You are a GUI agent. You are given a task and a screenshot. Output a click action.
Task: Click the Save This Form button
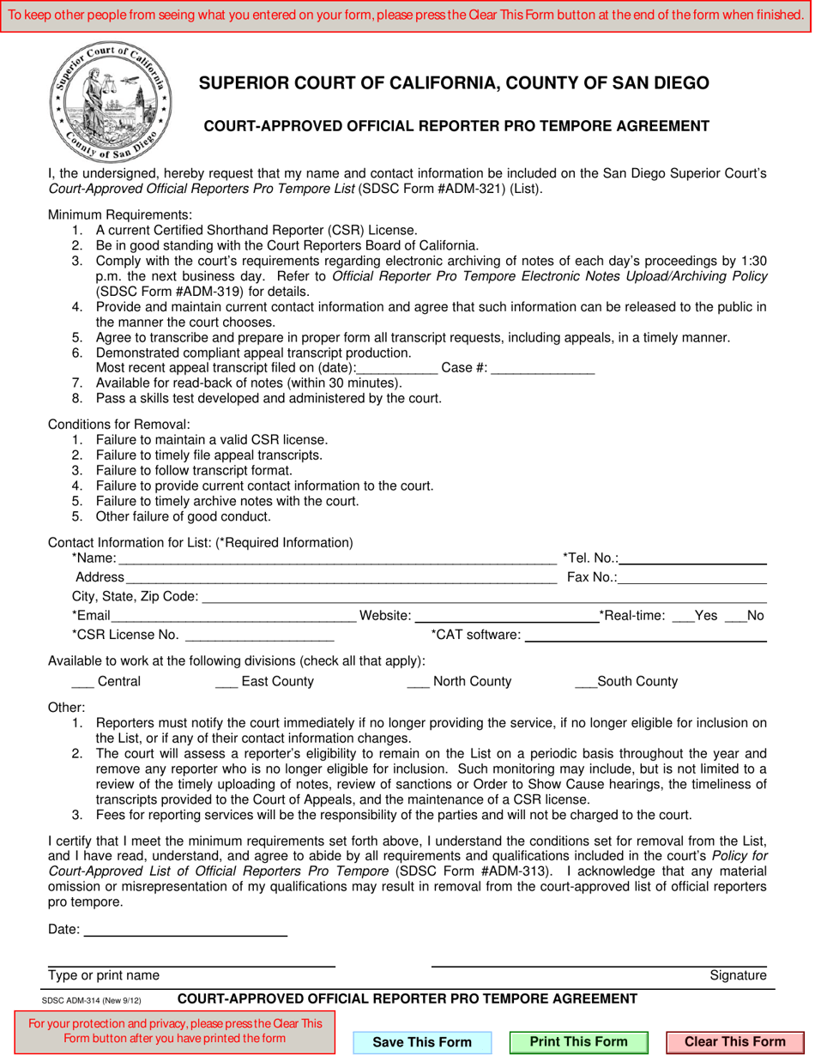click(422, 1042)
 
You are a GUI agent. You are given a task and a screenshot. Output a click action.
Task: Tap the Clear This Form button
click(734, 1042)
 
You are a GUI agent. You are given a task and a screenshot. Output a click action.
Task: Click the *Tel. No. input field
click(692, 558)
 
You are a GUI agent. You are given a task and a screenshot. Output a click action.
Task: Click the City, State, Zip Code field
click(483, 595)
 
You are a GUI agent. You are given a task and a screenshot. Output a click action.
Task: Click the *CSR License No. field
click(259, 635)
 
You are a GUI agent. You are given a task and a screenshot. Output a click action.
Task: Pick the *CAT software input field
click(644, 635)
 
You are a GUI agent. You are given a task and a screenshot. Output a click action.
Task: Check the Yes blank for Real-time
click(683, 615)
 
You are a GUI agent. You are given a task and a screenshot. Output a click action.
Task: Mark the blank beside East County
click(226, 682)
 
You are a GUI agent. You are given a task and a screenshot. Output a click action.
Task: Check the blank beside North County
click(418, 682)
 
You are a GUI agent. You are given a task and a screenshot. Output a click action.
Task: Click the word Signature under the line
click(738, 975)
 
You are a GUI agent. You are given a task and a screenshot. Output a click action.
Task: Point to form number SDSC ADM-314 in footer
click(91, 1000)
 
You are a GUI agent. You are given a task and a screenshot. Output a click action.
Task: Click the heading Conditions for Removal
click(119, 425)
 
